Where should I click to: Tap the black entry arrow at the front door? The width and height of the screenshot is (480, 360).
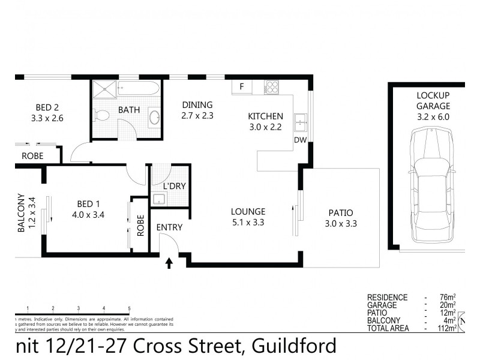click(169, 262)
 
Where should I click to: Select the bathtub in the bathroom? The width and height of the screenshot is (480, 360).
click(139, 89)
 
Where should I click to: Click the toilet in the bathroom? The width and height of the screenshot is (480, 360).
click(102, 115)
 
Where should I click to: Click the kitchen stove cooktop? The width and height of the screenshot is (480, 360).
click(271, 87)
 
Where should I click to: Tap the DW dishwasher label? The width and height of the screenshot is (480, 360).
click(301, 140)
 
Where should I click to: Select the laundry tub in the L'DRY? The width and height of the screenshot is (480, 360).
click(160, 199)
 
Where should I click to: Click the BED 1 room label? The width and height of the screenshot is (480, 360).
click(88, 203)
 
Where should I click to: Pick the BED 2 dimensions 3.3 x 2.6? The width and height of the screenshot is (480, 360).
click(47, 118)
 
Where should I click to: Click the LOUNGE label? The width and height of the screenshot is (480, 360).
click(248, 211)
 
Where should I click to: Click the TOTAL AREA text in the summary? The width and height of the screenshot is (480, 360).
click(388, 328)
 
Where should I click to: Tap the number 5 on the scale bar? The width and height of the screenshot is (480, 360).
click(130, 308)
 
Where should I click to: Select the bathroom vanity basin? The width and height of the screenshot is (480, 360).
click(154, 117)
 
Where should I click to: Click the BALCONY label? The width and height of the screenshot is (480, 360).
click(22, 213)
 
